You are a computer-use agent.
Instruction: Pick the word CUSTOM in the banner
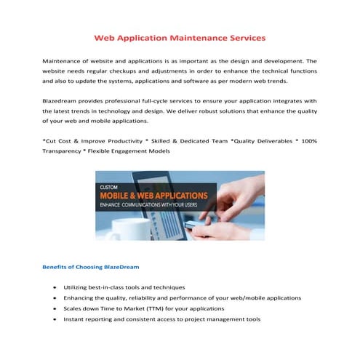pos(109,187)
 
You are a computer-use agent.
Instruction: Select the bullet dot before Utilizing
pos(56,287)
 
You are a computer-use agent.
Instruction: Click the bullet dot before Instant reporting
pos(56,319)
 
